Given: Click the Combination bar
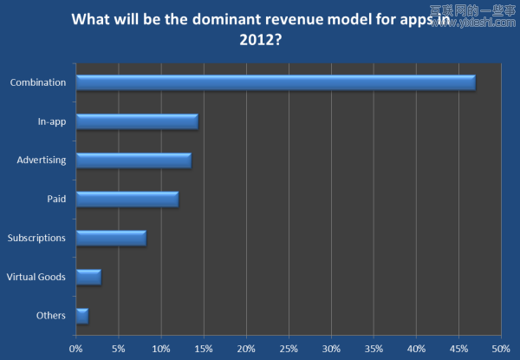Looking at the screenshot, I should click(276, 82).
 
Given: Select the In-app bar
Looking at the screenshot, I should click(137, 121).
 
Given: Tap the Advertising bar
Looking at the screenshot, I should click(133, 160).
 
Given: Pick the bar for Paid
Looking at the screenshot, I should click(127, 200).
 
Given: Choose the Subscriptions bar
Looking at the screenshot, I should click(111, 238).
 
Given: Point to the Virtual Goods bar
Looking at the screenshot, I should click(88, 277).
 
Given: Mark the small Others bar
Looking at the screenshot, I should click(82, 316).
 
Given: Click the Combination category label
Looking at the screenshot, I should click(38, 82).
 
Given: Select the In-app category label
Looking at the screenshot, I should click(52, 121).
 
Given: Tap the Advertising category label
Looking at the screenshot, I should click(42, 160).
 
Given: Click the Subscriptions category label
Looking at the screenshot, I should click(36, 238).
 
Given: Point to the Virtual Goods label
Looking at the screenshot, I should click(36, 277).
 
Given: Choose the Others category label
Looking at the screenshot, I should click(52, 316).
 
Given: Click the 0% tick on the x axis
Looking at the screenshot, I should click(76, 348).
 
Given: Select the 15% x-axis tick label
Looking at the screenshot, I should click(204, 348).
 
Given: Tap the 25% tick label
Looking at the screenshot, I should click(289, 348).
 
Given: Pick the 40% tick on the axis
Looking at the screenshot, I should click(416, 348).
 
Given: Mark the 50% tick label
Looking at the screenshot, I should click(501, 348).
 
